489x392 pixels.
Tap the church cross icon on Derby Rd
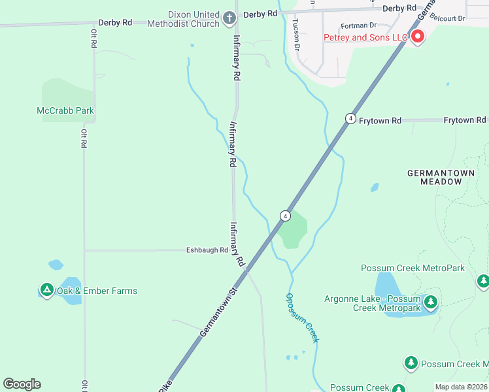[229, 18]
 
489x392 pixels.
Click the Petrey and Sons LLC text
[366, 37]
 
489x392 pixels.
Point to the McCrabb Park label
[65, 110]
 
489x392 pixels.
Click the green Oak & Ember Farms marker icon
[46, 289]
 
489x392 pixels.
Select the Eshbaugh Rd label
[207, 250]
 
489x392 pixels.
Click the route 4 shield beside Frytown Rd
[351, 118]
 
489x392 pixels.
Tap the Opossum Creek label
[302, 318]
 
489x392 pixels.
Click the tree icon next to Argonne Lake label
[430, 302]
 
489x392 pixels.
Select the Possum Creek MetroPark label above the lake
[413, 269]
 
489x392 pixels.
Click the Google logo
[22, 384]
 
